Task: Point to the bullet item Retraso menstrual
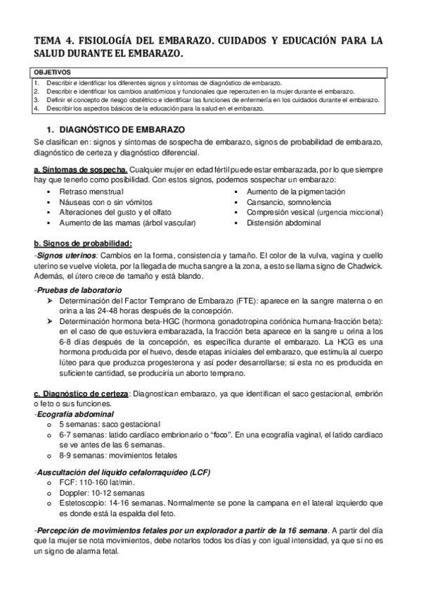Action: click(91, 191)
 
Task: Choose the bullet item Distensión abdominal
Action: click(283, 222)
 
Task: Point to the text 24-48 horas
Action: click(128, 310)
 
